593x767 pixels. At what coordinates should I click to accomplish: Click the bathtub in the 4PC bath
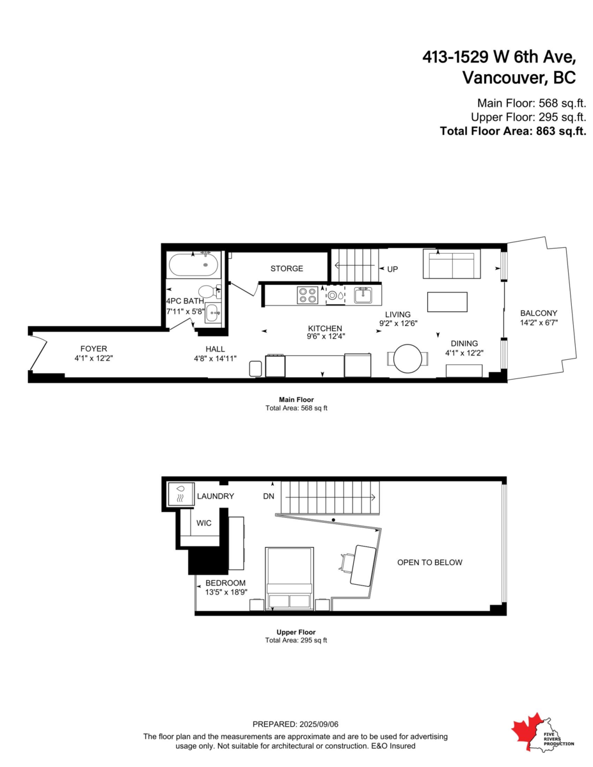(x=194, y=264)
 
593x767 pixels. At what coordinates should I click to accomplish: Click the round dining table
(x=407, y=359)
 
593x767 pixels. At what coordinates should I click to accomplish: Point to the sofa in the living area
(x=452, y=264)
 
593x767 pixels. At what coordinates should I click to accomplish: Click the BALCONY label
(x=539, y=313)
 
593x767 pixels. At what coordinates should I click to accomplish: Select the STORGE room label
(x=287, y=268)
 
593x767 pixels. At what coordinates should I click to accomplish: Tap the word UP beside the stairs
(x=392, y=269)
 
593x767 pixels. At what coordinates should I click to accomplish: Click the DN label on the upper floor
(x=269, y=496)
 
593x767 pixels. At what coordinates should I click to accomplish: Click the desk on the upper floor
(x=362, y=565)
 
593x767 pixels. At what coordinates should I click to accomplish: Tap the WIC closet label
(x=203, y=523)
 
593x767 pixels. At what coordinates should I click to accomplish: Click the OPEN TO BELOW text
(x=429, y=562)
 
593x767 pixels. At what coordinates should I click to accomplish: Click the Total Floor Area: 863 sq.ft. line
(x=513, y=131)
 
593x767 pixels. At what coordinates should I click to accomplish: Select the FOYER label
(x=93, y=348)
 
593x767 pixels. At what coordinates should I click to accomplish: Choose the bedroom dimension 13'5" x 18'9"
(x=226, y=593)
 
